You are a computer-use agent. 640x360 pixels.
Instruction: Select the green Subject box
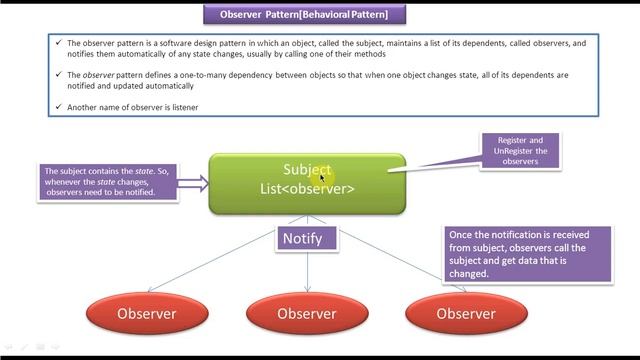307,183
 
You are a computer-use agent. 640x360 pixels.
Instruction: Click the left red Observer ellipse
146,313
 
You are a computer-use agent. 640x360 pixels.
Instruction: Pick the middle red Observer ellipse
306,313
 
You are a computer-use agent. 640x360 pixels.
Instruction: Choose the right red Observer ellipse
466,313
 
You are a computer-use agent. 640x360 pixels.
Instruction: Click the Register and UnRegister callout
520,151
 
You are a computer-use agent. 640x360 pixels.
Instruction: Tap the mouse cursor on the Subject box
322,177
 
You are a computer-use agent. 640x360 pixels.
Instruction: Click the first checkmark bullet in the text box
58,44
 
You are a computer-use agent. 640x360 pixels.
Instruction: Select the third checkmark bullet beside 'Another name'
58,107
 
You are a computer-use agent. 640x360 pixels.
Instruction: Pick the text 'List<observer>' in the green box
307,189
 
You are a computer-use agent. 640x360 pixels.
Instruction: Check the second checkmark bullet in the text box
58,75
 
